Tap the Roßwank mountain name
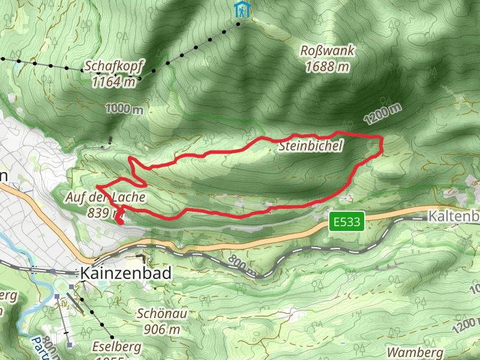(327, 52)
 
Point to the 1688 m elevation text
(327, 67)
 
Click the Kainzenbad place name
(125, 274)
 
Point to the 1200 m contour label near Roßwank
(383, 112)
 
